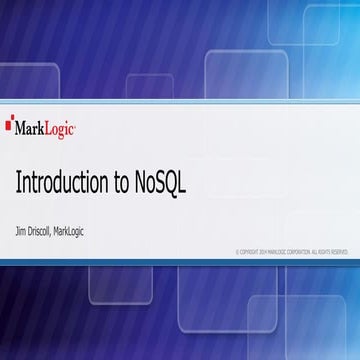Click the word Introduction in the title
coord(62,184)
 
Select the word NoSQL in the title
coord(162,184)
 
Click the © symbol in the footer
coord(238,252)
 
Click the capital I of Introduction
coord(18,184)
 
